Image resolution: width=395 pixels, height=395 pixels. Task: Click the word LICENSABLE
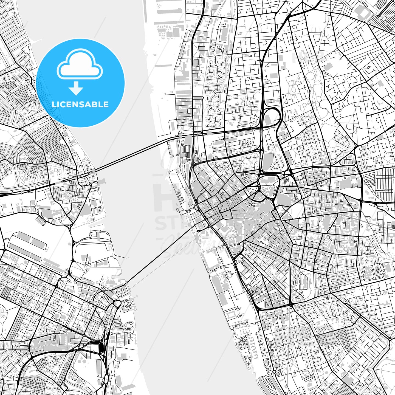coord(80,104)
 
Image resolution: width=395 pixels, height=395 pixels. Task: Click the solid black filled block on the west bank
coord(101,347)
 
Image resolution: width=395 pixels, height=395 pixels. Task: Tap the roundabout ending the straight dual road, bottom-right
coord(390,340)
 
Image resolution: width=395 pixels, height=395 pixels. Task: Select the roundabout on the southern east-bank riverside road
coord(274,372)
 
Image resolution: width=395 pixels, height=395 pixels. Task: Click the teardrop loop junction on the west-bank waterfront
coord(117,304)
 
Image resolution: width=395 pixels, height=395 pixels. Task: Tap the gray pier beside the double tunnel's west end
coord(102,181)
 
